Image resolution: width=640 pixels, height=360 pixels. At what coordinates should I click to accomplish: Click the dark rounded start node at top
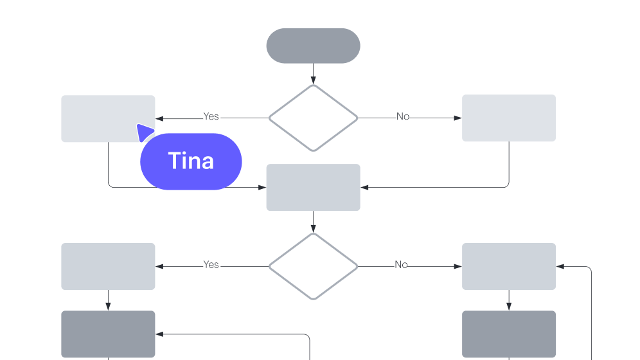[313, 46]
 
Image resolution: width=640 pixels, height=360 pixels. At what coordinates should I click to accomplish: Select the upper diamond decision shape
[313, 118]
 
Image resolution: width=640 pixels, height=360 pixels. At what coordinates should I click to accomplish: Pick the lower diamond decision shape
[313, 266]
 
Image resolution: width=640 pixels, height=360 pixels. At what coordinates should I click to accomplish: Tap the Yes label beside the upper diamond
[211, 116]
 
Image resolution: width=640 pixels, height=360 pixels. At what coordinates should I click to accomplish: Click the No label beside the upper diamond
[402, 116]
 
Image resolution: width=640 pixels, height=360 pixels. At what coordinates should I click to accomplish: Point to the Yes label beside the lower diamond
[211, 264]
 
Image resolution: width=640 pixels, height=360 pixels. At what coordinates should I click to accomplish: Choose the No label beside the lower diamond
[401, 264]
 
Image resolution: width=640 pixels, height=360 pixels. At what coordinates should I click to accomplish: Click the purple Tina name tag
[191, 161]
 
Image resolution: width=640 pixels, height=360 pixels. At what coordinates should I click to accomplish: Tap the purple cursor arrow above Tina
[144, 132]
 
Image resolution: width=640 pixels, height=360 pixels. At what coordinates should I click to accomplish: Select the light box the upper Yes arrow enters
[108, 118]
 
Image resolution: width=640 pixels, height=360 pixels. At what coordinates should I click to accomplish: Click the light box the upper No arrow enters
[509, 118]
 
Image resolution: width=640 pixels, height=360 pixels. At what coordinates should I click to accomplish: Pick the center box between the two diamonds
[313, 187]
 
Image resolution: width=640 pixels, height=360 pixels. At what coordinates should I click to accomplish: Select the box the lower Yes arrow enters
[108, 266]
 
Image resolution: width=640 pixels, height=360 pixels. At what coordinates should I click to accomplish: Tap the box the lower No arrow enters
[509, 266]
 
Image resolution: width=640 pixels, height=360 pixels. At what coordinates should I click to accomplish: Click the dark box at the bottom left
[108, 334]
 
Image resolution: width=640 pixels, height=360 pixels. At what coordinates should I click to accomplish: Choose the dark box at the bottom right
[509, 334]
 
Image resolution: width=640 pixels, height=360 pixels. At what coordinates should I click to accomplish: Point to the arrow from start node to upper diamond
[313, 73]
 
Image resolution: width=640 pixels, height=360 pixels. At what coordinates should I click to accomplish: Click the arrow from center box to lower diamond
[313, 222]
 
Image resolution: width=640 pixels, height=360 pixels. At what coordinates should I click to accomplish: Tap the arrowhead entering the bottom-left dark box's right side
[159, 334]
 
